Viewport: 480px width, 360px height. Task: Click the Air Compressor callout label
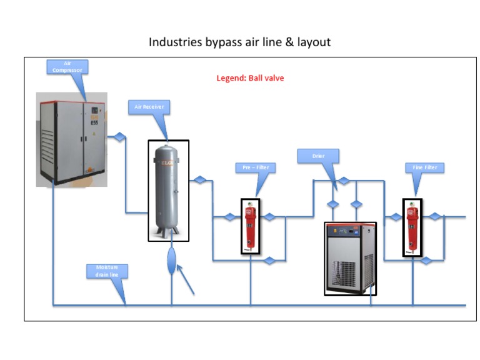tap(67, 67)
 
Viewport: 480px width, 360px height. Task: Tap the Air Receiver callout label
tap(149, 107)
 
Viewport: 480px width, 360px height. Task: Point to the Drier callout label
tap(318, 156)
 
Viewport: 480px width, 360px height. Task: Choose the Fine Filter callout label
tap(425, 167)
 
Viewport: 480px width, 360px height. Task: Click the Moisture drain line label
tap(107, 271)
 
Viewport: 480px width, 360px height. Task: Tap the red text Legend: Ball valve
tap(250, 78)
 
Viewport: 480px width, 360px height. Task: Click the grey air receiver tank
tap(168, 190)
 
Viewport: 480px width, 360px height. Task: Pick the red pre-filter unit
tap(250, 226)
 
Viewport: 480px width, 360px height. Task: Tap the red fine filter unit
tap(412, 227)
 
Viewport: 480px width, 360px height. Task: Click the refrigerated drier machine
tap(350, 257)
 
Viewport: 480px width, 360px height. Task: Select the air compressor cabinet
tap(71, 139)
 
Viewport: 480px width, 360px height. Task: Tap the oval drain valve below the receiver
tap(172, 260)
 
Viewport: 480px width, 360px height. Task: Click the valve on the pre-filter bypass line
tap(269, 260)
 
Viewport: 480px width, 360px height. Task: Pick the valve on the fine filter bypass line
tap(426, 260)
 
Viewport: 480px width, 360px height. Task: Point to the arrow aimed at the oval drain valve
tap(186, 279)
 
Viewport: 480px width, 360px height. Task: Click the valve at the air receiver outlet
tap(199, 180)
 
